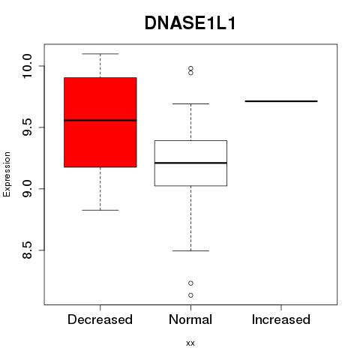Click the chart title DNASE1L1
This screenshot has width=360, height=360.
pos(190,23)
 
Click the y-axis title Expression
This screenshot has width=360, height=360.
pos(7,174)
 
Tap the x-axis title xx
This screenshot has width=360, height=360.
pos(190,343)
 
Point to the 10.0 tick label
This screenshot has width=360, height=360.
pos(26,66)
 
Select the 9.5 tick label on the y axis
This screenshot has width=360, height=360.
pos(26,127)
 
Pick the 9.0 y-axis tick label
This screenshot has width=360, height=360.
pos(26,189)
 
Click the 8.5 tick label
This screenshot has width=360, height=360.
pos(26,250)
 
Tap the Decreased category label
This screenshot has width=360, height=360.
pos(100,319)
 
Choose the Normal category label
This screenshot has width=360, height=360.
pos(190,319)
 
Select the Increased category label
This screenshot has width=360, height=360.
pos(281,319)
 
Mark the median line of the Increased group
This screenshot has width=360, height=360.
pos(281,101)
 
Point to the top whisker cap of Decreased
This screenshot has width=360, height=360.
pos(100,54)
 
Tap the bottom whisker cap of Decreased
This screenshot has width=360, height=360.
pos(100,210)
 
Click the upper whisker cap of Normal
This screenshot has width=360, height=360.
pos(190,103)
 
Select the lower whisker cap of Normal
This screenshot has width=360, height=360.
pos(190,250)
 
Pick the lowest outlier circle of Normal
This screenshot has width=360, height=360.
pos(190,295)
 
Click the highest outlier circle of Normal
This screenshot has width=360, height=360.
pos(190,68)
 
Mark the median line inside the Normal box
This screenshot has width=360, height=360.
pos(190,163)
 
